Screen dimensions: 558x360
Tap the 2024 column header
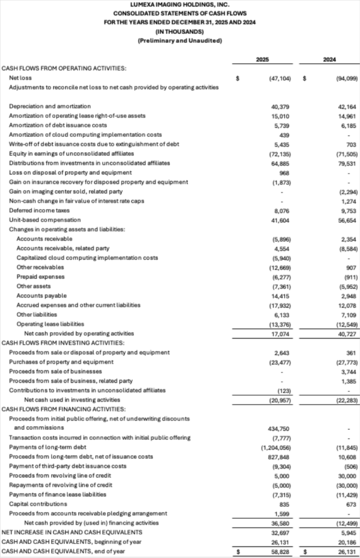(329, 58)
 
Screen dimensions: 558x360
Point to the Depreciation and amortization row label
(50, 106)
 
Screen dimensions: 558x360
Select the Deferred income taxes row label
(35, 210)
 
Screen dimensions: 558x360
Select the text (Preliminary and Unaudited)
(180, 41)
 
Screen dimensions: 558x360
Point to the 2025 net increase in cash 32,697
(282, 532)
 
